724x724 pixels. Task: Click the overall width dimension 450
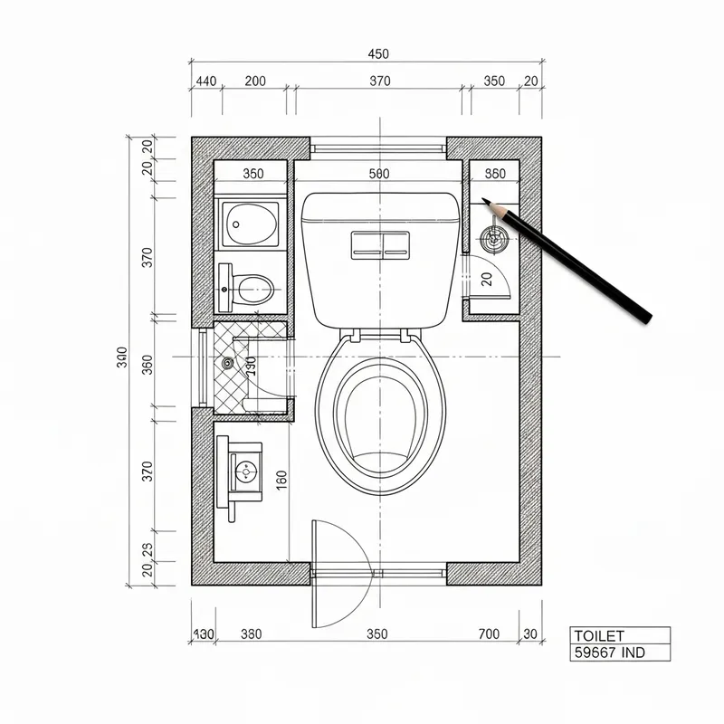(379, 54)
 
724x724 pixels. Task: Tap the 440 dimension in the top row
(205, 81)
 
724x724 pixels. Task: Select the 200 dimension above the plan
(255, 81)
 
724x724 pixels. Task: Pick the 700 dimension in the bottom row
(490, 633)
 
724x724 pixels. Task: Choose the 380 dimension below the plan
(251, 633)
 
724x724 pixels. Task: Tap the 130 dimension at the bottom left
(205, 633)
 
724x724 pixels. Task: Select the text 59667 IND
(610, 652)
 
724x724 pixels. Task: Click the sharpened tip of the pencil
(484, 201)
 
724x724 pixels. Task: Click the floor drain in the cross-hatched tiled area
(227, 364)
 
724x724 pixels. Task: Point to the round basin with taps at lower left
(243, 471)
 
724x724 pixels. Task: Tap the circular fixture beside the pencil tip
(492, 240)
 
